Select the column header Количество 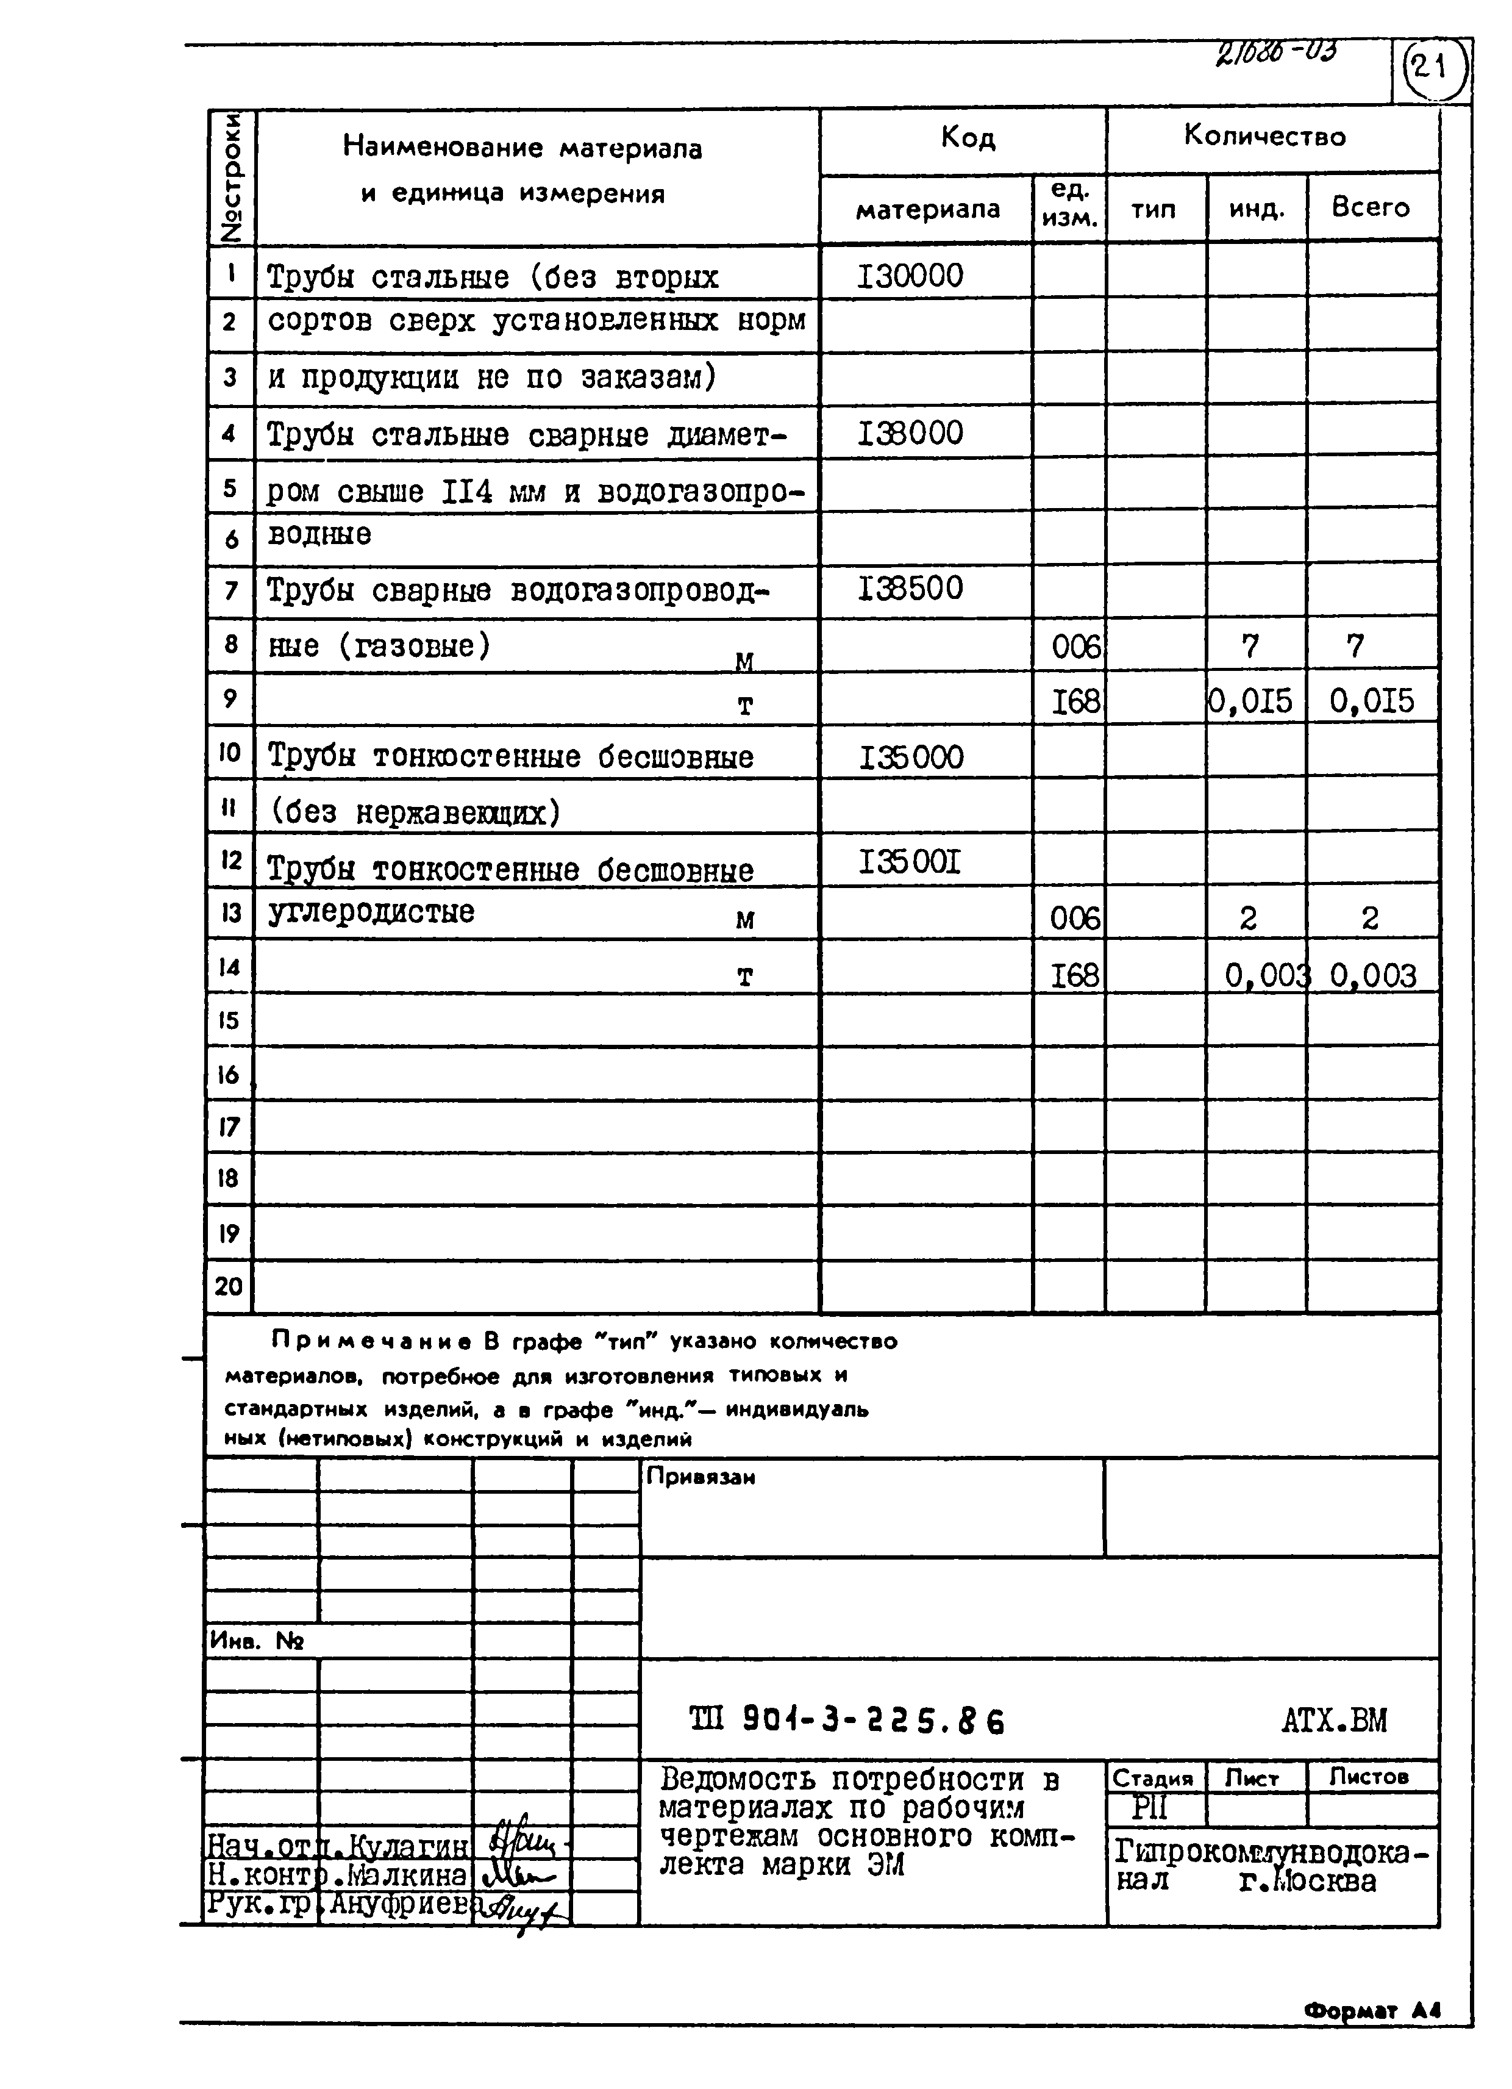pos(1264,137)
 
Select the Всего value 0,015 pos(1371,702)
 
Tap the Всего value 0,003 pos(1372,975)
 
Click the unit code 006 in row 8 pos(1075,648)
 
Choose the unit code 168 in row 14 pos(1075,975)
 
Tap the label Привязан pos(701,1477)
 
